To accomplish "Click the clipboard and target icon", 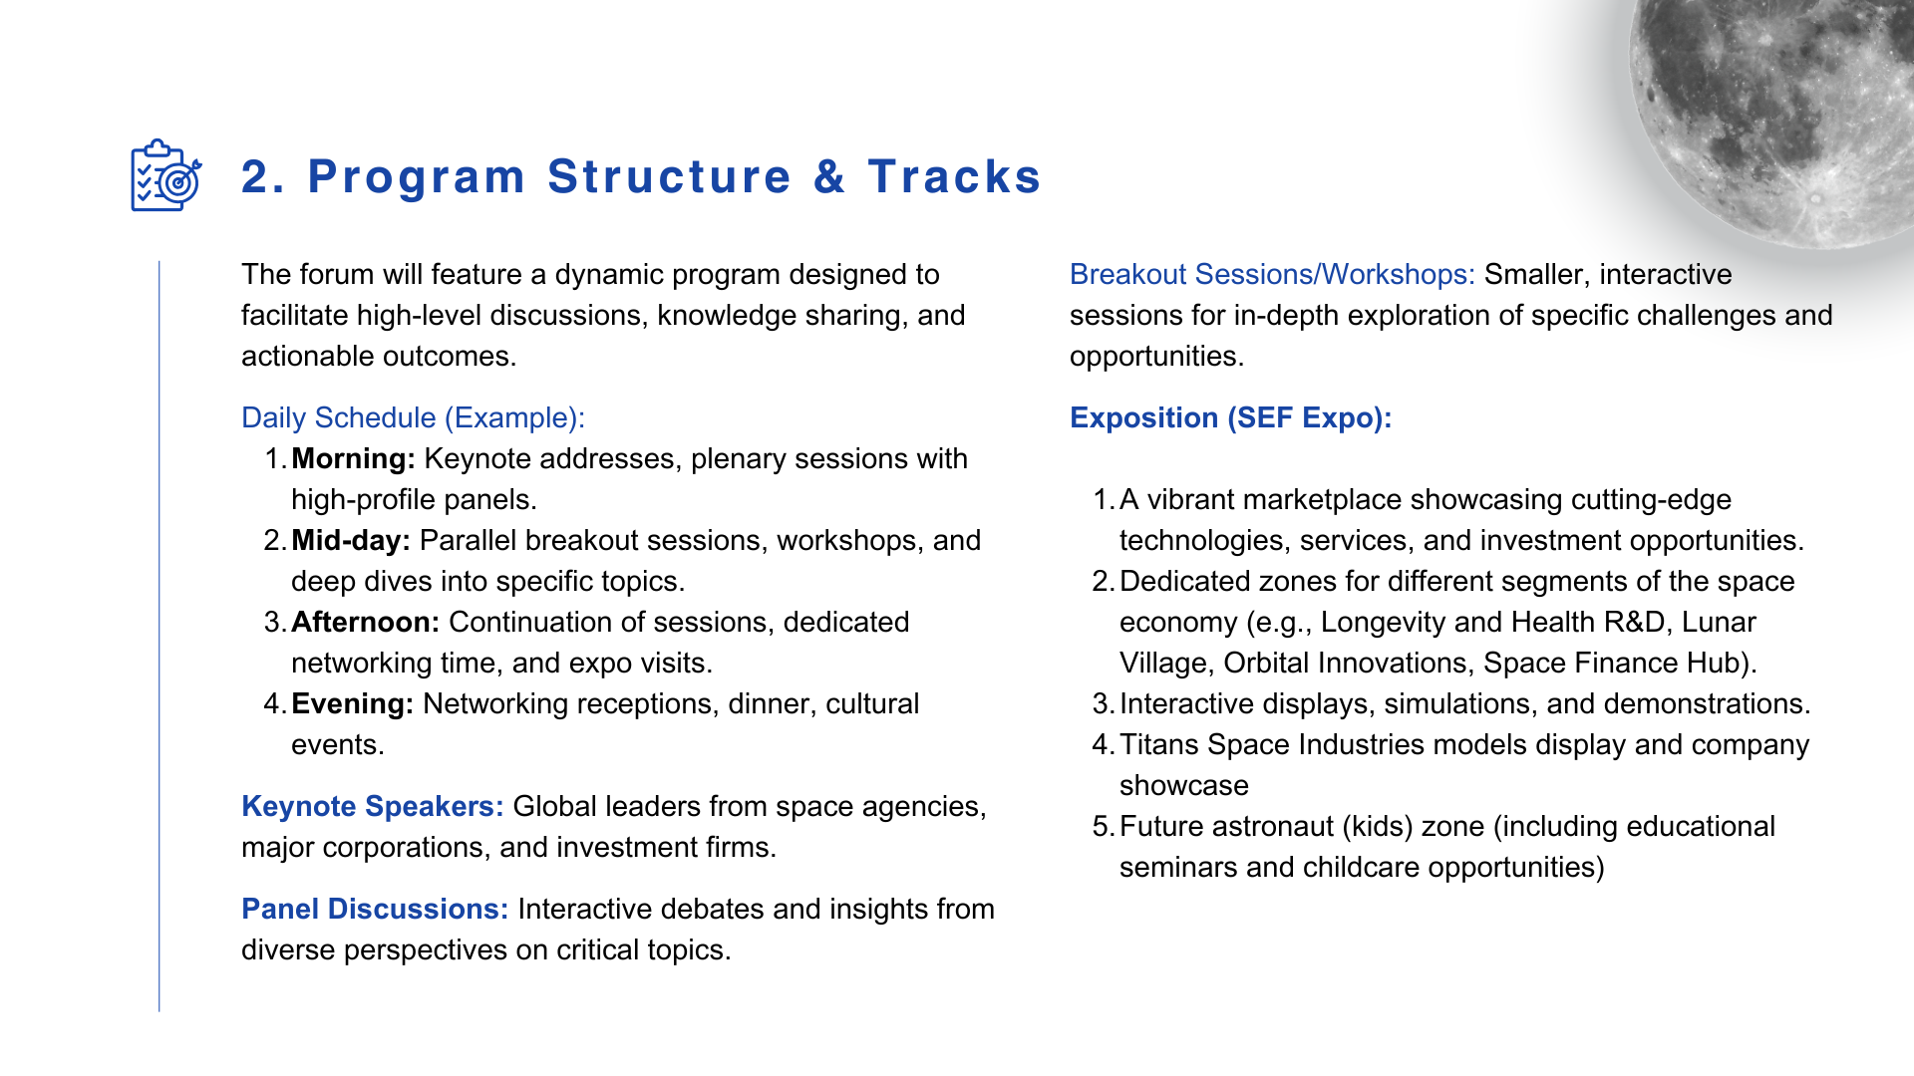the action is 166,175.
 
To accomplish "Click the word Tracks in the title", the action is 954,176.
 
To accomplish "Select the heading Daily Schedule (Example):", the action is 413,417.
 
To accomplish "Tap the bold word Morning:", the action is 353,458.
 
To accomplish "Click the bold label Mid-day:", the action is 351,540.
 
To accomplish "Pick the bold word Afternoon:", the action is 365,622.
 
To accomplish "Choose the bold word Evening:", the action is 352,703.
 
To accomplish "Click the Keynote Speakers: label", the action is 373,806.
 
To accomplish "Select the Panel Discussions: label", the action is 375,909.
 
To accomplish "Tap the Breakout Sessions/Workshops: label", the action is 1272,274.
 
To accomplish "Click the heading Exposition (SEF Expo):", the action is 1230,417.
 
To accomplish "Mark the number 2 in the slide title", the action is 257,176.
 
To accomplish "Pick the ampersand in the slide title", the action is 829,176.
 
